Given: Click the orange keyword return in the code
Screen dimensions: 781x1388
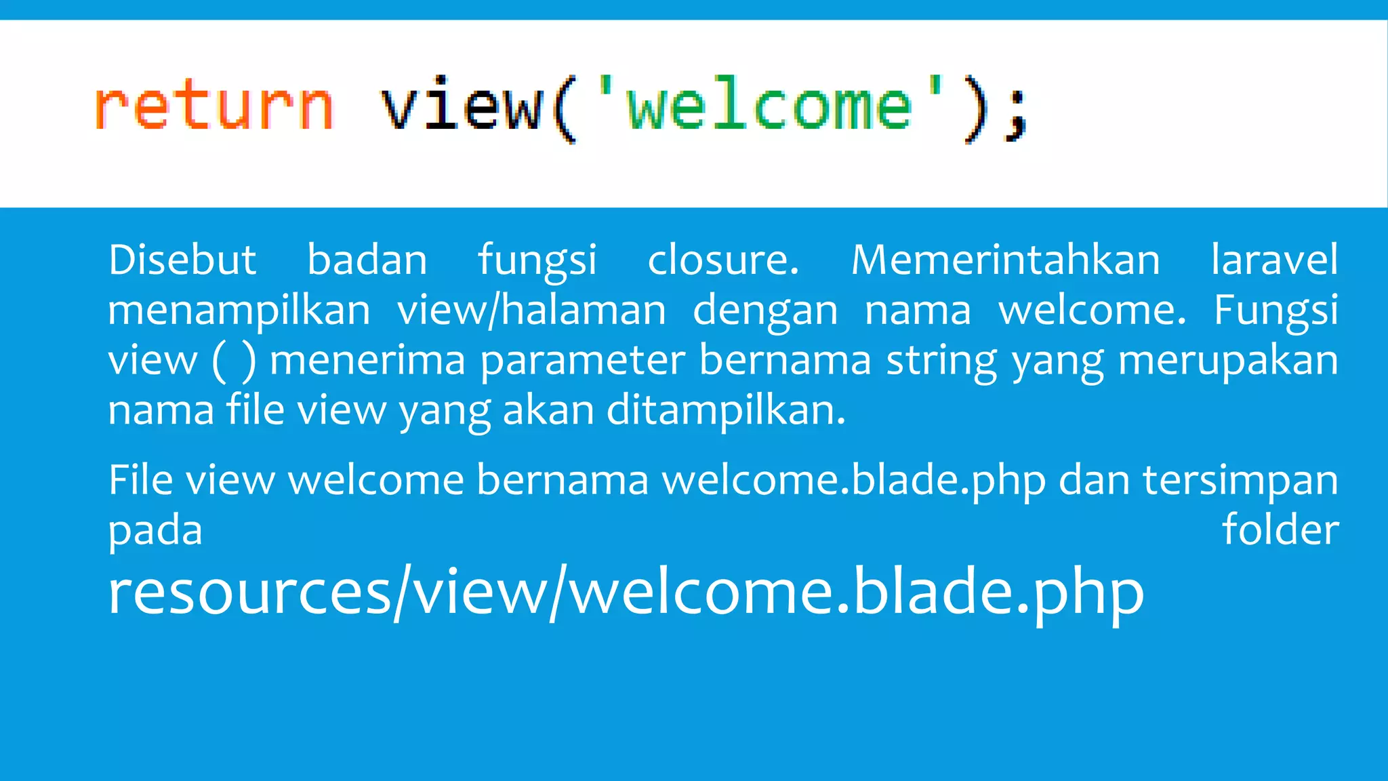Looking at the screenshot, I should [x=213, y=106].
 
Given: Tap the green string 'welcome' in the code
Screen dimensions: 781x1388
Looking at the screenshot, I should [x=769, y=106].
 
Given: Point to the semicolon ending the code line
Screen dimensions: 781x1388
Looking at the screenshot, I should [x=1017, y=119].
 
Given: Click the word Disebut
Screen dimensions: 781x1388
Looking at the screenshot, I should [x=182, y=260].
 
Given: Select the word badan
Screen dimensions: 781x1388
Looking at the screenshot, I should [x=367, y=260].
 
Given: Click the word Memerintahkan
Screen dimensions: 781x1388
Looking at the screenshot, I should [x=1005, y=260].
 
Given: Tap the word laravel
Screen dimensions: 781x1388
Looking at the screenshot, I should [x=1274, y=260].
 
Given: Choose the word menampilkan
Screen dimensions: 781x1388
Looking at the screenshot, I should [x=239, y=311].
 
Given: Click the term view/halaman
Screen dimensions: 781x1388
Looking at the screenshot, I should [x=531, y=311].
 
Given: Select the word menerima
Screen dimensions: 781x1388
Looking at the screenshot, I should [x=367, y=360].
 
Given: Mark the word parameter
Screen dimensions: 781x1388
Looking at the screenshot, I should [x=582, y=361].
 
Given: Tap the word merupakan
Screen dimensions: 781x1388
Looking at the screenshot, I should [x=1228, y=361].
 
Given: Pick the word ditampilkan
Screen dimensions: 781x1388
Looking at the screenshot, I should [x=725, y=411].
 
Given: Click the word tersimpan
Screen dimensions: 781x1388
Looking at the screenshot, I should [x=1240, y=481].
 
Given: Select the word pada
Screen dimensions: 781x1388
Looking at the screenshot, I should [x=155, y=531].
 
